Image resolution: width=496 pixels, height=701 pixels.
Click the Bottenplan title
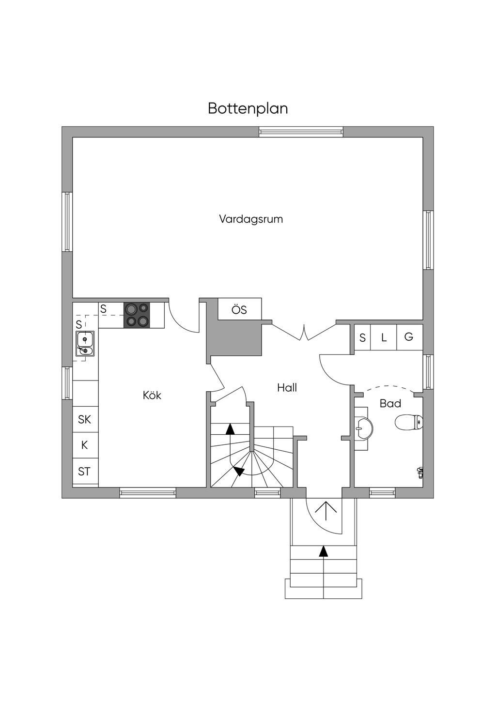pyautogui.click(x=248, y=108)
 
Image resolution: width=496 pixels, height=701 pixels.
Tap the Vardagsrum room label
pyautogui.click(x=250, y=219)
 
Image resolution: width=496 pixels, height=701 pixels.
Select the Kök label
pyautogui.click(x=152, y=396)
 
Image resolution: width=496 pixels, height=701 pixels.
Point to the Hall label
pyautogui.click(x=287, y=388)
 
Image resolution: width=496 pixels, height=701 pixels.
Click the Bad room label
pyautogui.click(x=390, y=403)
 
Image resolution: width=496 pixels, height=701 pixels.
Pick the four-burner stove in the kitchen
pyautogui.click(x=137, y=315)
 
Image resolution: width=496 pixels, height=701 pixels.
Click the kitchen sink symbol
pyautogui.click(x=85, y=343)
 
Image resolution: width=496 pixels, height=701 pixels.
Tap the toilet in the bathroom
pyautogui.click(x=409, y=422)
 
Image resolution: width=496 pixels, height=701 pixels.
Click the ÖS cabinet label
pyautogui.click(x=239, y=310)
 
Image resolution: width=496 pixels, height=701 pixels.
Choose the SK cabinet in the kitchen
pyautogui.click(x=85, y=419)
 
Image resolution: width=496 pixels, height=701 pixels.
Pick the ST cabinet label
pyautogui.click(x=84, y=472)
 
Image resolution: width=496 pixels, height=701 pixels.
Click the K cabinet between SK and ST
pyautogui.click(x=85, y=445)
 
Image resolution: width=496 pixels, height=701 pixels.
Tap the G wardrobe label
pyautogui.click(x=409, y=337)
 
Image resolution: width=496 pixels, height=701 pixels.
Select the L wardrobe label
pyautogui.click(x=384, y=338)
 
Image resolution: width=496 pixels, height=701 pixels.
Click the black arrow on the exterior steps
pyautogui.click(x=323, y=551)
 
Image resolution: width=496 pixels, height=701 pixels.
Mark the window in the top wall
pyautogui.click(x=301, y=131)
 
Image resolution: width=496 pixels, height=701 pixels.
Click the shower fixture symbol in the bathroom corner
pyautogui.click(x=419, y=471)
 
